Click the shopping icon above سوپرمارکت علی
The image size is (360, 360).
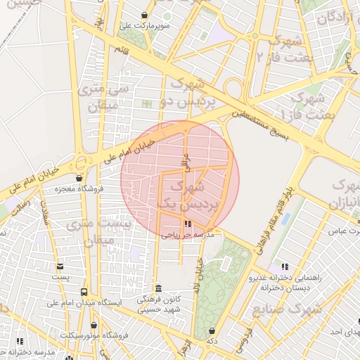(x=145, y=15)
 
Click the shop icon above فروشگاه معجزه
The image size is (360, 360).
(x=79, y=178)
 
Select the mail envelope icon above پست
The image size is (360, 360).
(x=60, y=266)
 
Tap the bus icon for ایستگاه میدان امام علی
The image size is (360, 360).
(x=84, y=292)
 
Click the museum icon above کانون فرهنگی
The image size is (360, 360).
(x=158, y=288)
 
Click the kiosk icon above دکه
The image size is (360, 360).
(x=212, y=330)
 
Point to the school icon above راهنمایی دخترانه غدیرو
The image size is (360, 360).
(x=285, y=266)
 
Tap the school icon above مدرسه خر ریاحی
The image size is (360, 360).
(x=187, y=224)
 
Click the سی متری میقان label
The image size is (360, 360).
(x=103, y=98)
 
